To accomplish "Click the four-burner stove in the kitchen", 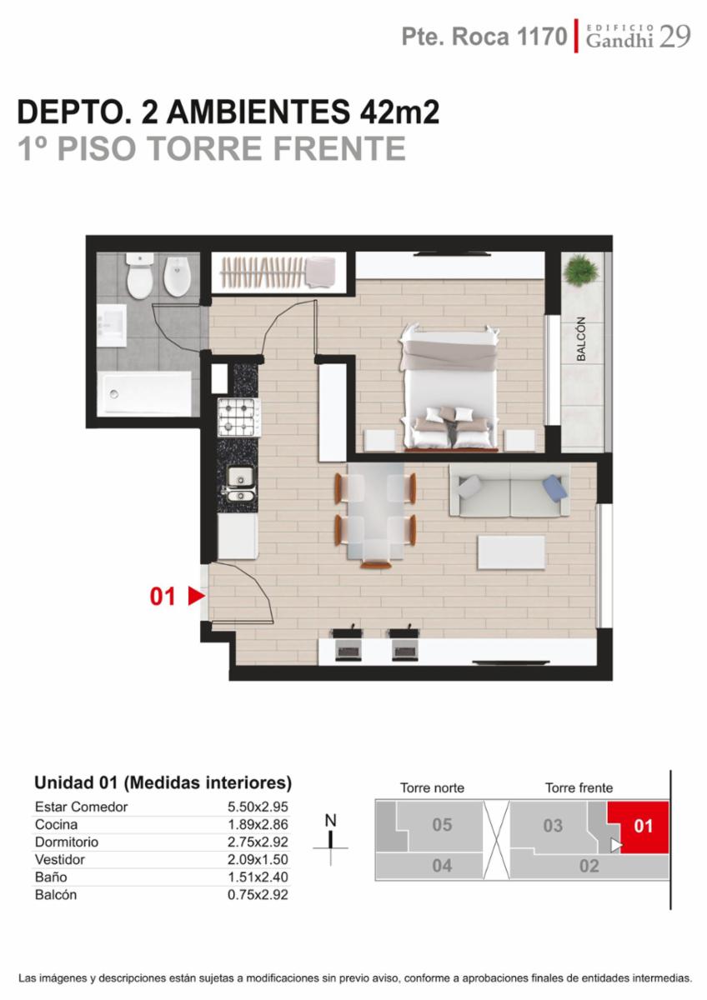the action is click(x=236, y=417).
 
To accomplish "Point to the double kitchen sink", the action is click(x=240, y=487).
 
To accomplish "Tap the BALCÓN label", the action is click(x=580, y=339).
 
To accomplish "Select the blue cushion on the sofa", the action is click(x=555, y=487).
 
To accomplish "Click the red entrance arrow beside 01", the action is click(x=196, y=596).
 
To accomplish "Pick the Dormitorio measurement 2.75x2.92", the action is click(x=258, y=842).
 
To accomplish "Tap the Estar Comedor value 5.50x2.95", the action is click(x=258, y=807).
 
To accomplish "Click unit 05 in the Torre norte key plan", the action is click(x=442, y=824).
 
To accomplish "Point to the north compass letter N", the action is click(x=330, y=821).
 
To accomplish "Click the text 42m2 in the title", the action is click(x=400, y=112).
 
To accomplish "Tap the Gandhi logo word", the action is click(x=619, y=41).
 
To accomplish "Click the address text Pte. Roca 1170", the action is click(x=484, y=37).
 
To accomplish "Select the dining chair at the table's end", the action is click(x=376, y=564).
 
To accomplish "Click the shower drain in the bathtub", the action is click(x=114, y=394).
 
